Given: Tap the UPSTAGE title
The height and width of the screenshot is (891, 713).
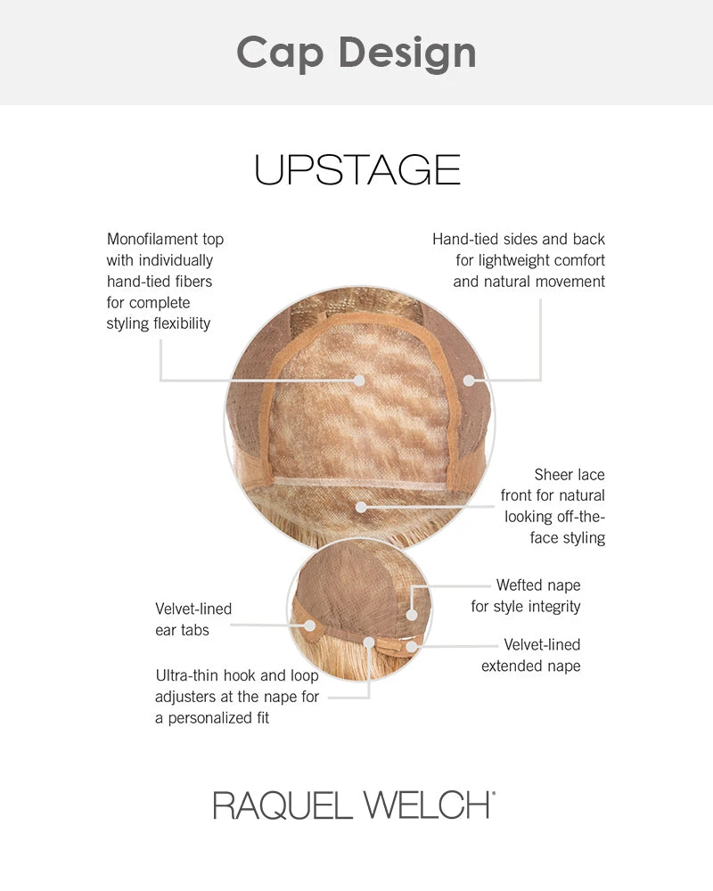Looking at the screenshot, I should click(x=356, y=169).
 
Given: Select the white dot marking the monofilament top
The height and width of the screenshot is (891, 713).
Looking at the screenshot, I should click(x=360, y=380).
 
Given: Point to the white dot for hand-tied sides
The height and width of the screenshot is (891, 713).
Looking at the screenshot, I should click(x=469, y=380).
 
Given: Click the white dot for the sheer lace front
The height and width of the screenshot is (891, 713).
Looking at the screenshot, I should click(x=360, y=507).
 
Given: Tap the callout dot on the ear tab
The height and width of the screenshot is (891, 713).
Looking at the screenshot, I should click(x=308, y=625).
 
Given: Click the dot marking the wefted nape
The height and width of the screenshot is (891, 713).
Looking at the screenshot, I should click(x=412, y=613).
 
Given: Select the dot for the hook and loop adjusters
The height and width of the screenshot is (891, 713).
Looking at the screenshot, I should click(x=369, y=642).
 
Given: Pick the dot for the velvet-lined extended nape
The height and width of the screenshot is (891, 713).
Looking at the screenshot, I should click(x=412, y=646).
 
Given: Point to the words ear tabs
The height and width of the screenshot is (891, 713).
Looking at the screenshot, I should click(x=183, y=630).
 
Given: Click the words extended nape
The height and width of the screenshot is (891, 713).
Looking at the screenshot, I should click(x=530, y=666).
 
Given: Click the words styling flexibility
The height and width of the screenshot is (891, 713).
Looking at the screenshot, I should click(x=159, y=323).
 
